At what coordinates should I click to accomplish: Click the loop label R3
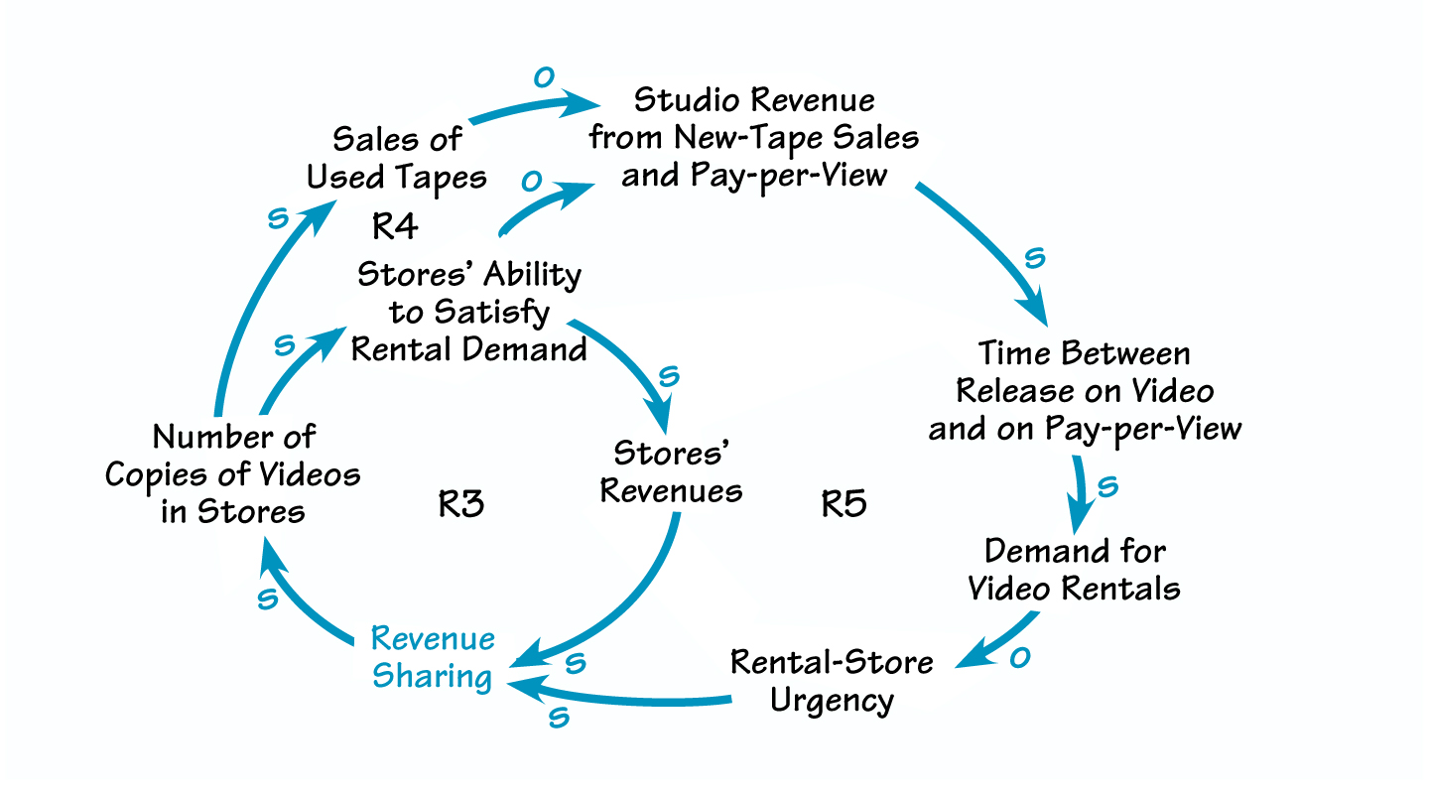[x=461, y=504]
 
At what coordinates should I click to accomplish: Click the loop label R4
[x=395, y=226]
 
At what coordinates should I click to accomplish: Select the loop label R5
[x=844, y=504]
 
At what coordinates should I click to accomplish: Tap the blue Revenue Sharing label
[x=432, y=657]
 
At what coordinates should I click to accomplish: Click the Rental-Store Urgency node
[x=832, y=681]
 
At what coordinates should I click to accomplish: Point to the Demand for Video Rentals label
[x=1075, y=569]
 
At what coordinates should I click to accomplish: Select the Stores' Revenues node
[x=672, y=471]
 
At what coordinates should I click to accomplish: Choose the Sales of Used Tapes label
[x=397, y=157]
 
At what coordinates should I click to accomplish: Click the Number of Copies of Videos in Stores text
[x=233, y=473]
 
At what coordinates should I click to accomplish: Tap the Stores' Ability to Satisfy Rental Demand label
[x=469, y=312]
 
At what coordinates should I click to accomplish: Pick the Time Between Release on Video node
[x=1084, y=391]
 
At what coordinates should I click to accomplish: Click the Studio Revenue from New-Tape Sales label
[x=754, y=137]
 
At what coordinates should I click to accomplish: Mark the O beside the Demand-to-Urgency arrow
[x=1019, y=659]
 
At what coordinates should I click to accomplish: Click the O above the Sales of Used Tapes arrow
[x=542, y=77]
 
